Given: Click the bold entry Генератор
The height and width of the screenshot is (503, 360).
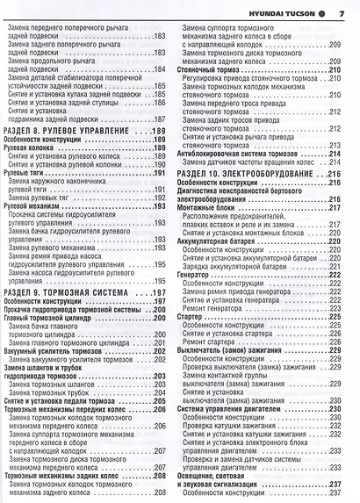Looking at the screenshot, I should tap(197, 273).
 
